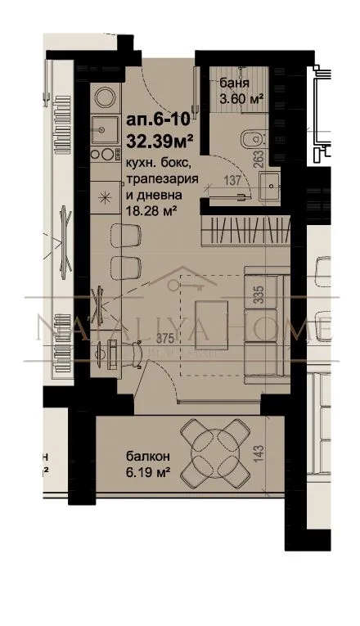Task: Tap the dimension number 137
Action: pyautogui.click(x=232, y=180)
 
